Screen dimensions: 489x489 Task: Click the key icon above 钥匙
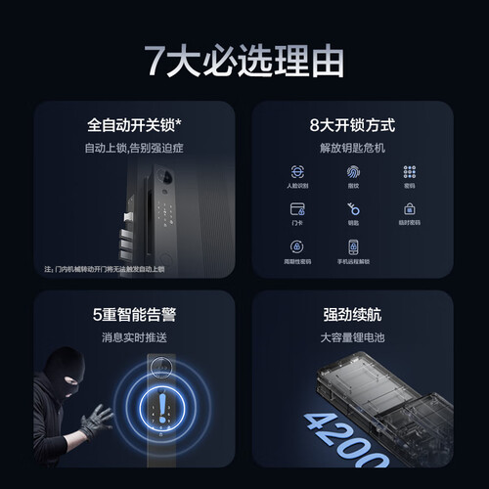coord(354,209)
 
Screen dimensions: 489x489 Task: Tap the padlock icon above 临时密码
coord(409,209)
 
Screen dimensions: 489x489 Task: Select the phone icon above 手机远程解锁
coord(354,246)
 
